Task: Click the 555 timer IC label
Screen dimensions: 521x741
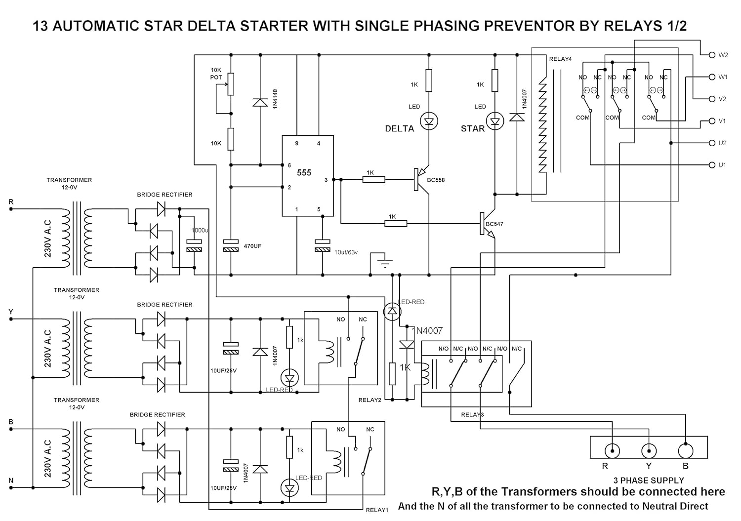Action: tap(304, 172)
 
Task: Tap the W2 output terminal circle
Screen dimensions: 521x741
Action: tap(712, 55)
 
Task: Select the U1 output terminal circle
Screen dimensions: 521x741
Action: tap(712, 165)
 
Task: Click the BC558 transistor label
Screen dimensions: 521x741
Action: tap(436, 180)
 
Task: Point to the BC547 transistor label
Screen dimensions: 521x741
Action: tap(494, 224)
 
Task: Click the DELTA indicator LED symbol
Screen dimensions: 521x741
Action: tap(429, 121)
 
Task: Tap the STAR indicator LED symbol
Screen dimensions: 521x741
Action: tap(494, 121)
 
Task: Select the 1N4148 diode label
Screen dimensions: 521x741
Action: tap(275, 99)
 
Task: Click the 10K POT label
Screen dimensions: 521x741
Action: tap(216, 74)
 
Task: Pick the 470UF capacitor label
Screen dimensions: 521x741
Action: tap(252, 246)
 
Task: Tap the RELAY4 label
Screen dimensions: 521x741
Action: tap(560, 59)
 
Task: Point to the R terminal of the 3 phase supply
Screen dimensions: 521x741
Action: tap(613, 450)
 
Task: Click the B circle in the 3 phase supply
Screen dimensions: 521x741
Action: tap(685, 450)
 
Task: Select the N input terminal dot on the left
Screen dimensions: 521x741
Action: tap(11, 487)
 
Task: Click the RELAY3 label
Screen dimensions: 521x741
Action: tap(472, 414)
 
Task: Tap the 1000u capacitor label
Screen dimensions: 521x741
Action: tap(200, 231)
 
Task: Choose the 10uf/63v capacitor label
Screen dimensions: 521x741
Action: tap(346, 252)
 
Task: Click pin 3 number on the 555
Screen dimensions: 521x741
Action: tap(326, 180)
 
